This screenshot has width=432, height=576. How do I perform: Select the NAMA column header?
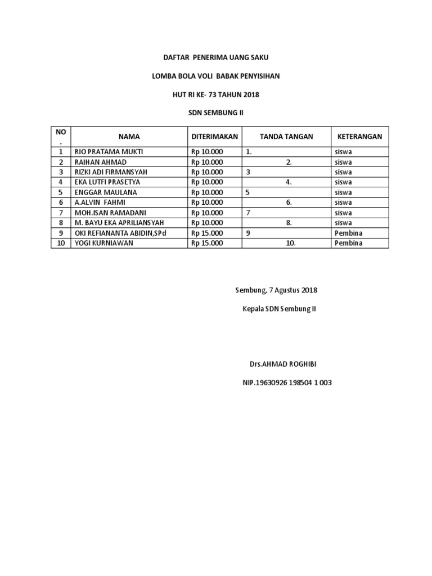(129, 137)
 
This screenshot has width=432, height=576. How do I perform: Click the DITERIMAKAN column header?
(215, 137)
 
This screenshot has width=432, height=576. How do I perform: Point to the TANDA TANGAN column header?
(286, 137)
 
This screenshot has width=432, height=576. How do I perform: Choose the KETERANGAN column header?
(359, 137)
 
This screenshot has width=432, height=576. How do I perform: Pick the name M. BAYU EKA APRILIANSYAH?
(119, 223)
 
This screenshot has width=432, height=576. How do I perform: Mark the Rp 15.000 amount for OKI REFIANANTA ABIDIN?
(207, 233)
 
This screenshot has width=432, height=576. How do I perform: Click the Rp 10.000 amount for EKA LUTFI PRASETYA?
(207, 182)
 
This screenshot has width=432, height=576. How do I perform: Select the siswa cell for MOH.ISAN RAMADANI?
(343, 213)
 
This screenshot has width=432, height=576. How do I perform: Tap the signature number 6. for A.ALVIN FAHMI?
(287, 202)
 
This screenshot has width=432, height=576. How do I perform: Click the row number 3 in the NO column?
(60, 172)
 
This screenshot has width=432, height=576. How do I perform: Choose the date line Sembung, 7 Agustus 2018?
(276, 290)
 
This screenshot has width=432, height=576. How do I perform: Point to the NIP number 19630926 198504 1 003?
(287, 382)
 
